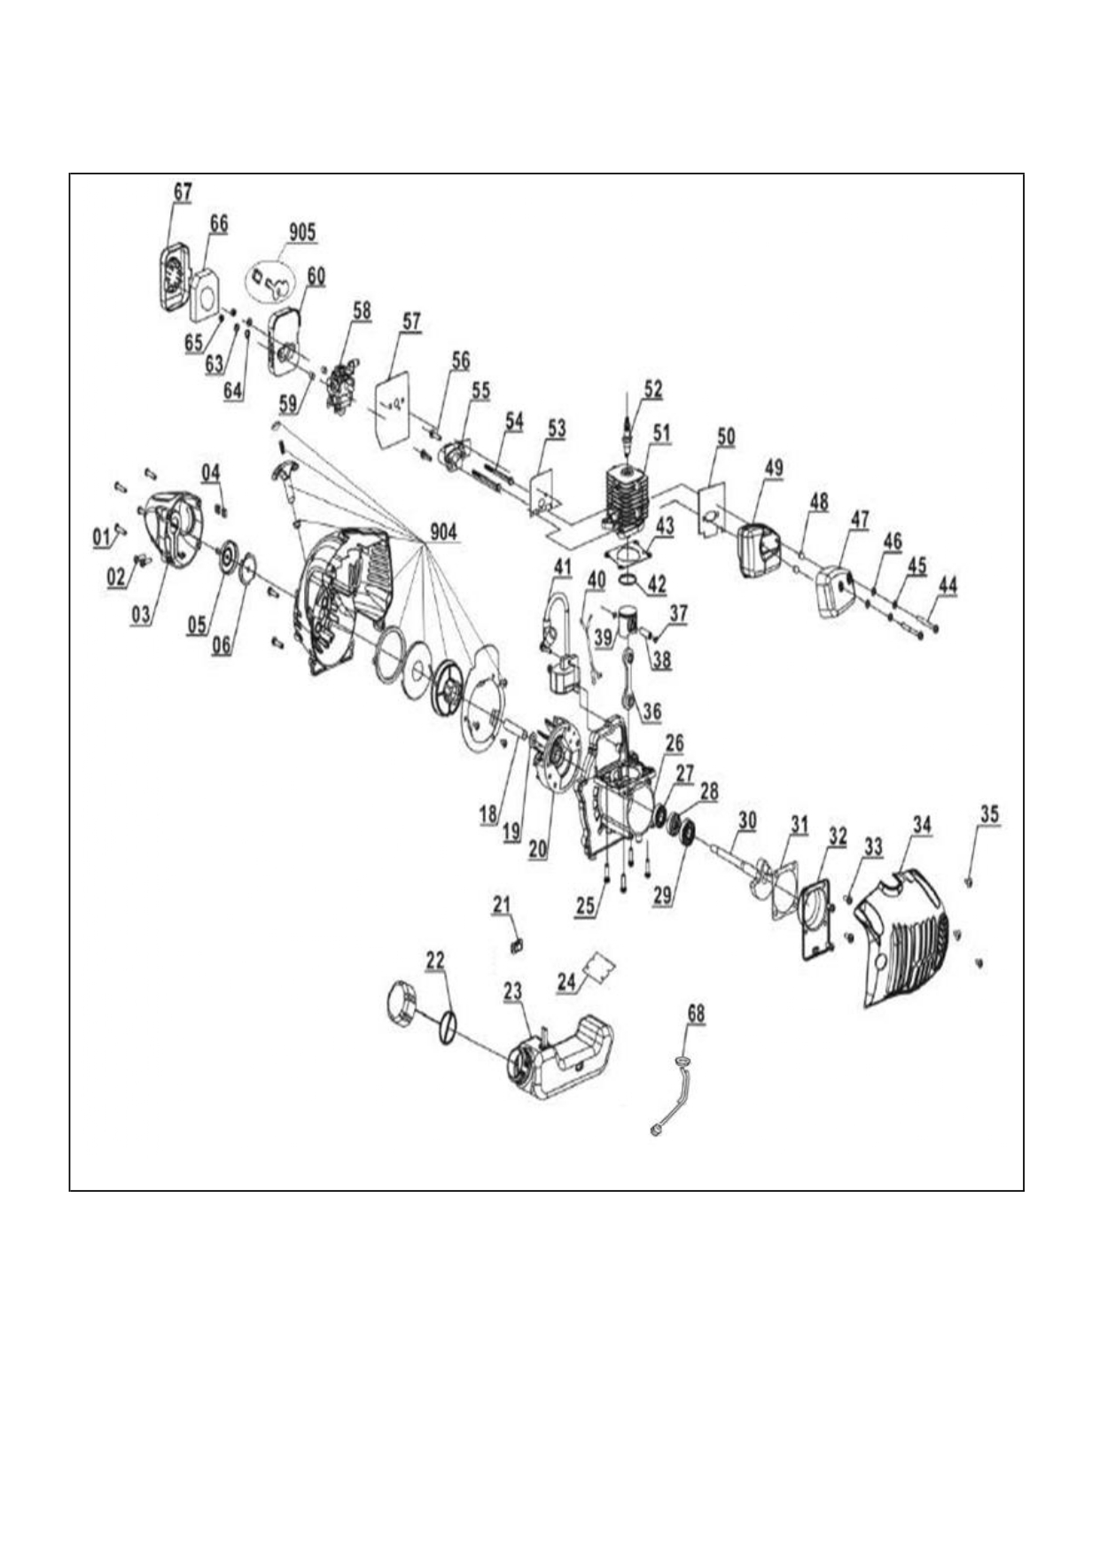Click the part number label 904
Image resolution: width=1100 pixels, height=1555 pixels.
click(443, 532)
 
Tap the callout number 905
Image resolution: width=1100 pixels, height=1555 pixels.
click(301, 232)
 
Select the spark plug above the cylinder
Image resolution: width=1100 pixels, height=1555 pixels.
click(628, 428)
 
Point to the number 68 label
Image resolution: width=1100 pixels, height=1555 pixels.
click(697, 1013)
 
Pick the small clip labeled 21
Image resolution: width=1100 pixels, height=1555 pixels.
click(518, 946)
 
